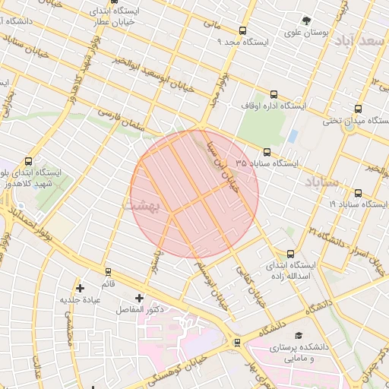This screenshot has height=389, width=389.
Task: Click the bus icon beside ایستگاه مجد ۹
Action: pos(242,31)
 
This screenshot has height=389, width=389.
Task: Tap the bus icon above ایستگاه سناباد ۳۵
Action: pos(266,152)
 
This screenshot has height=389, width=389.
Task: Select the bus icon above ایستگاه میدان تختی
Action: pos(358,108)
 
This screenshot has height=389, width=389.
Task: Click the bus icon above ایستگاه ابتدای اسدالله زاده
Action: pos(290,255)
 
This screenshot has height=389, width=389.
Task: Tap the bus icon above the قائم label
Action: pos(108,271)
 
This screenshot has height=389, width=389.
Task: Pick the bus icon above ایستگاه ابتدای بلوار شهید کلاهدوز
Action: pos(29,161)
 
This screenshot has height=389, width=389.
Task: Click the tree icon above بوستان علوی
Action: pos(306,21)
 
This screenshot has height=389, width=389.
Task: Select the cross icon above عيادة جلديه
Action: pos(80,288)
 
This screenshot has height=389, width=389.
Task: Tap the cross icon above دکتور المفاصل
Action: pos(139,298)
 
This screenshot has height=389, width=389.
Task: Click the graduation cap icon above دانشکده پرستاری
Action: pos(298,335)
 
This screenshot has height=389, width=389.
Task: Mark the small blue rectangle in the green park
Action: pos(293,136)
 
